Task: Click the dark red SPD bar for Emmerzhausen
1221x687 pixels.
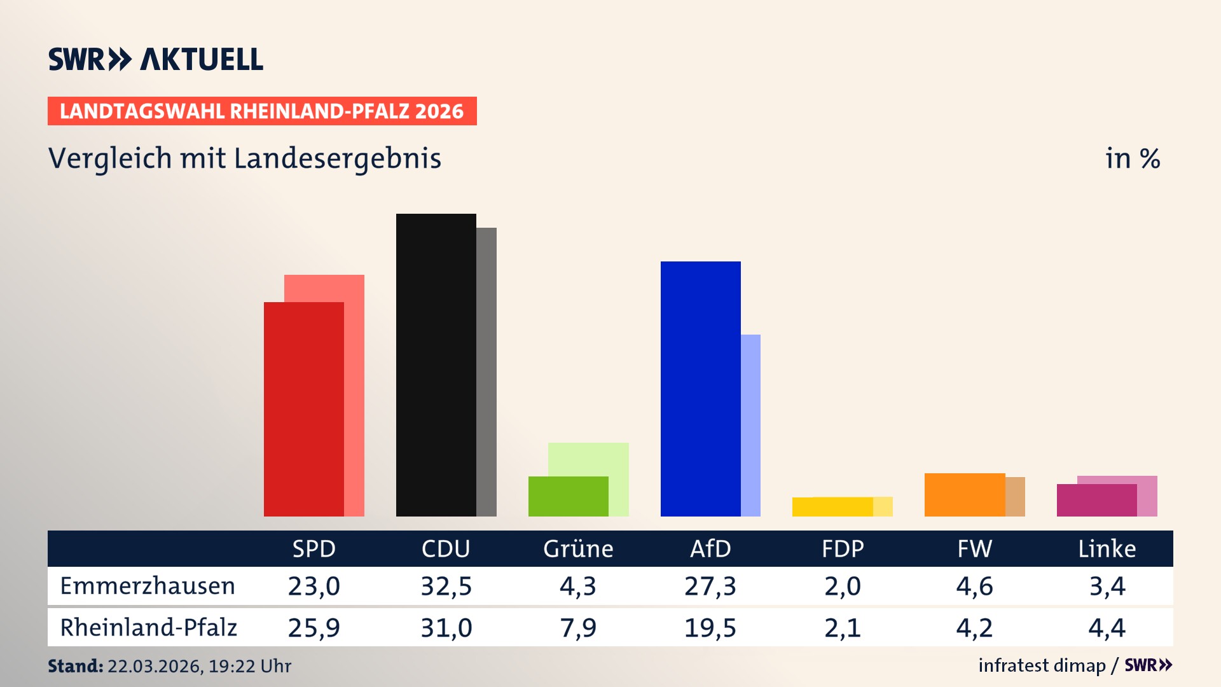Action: coord(303,408)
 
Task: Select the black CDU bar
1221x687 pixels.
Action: coord(436,364)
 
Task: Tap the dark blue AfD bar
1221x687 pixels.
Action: coord(700,388)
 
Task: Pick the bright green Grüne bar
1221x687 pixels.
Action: coord(568,496)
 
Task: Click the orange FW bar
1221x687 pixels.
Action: coord(964,494)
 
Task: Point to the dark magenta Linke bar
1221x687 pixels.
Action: coord(1096,500)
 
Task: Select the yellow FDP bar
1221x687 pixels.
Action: coord(832,506)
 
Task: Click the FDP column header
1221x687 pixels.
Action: coord(843,548)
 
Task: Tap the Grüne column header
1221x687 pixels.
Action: coord(578,548)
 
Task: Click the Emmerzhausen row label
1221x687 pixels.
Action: coord(148,586)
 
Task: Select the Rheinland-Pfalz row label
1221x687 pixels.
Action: coord(148,628)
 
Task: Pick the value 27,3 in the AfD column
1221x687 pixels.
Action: coord(710,586)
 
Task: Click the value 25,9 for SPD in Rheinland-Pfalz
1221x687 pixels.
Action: coord(314,628)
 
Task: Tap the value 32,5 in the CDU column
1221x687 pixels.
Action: coord(446,586)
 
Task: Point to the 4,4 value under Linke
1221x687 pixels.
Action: coord(1107,628)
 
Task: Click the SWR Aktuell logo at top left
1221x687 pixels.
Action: coord(156,59)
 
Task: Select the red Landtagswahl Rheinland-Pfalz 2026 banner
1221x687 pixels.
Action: coord(262,111)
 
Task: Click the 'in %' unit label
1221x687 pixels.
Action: coord(1132,158)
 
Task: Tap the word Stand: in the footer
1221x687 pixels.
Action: coord(75,666)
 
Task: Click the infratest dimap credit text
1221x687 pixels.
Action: coord(1042,665)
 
